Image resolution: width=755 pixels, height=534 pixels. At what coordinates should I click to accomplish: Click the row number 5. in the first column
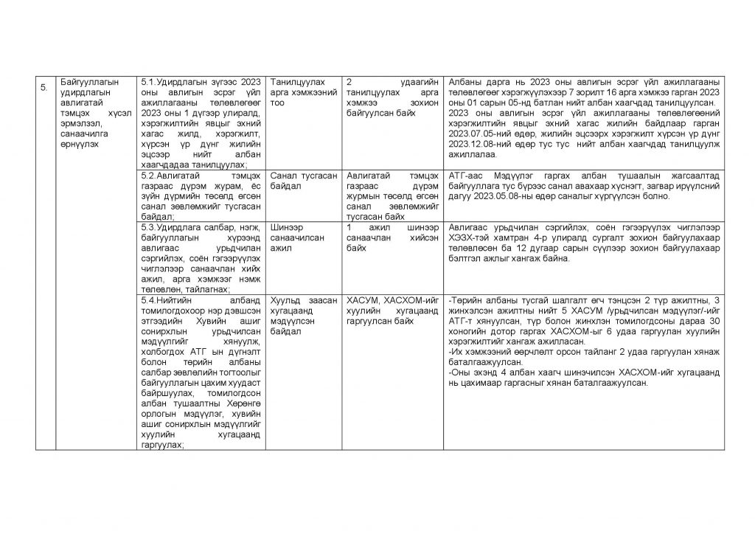pyautogui.click(x=44, y=87)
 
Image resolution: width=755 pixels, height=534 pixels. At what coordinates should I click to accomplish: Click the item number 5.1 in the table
pyautogui.click(x=147, y=81)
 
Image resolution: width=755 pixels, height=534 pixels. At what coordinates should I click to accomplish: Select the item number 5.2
pyautogui.click(x=147, y=177)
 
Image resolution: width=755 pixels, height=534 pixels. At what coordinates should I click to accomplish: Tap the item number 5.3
pyautogui.click(x=147, y=228)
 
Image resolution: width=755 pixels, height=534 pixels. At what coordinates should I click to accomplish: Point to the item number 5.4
pyautogui.click(x=147, y=301)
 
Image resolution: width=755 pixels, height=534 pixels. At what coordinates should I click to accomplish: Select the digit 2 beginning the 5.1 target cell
pyautogui.click(x=349, y=81)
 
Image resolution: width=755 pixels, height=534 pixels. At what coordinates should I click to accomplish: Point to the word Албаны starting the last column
pyautogui.click(x=465, y=81)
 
